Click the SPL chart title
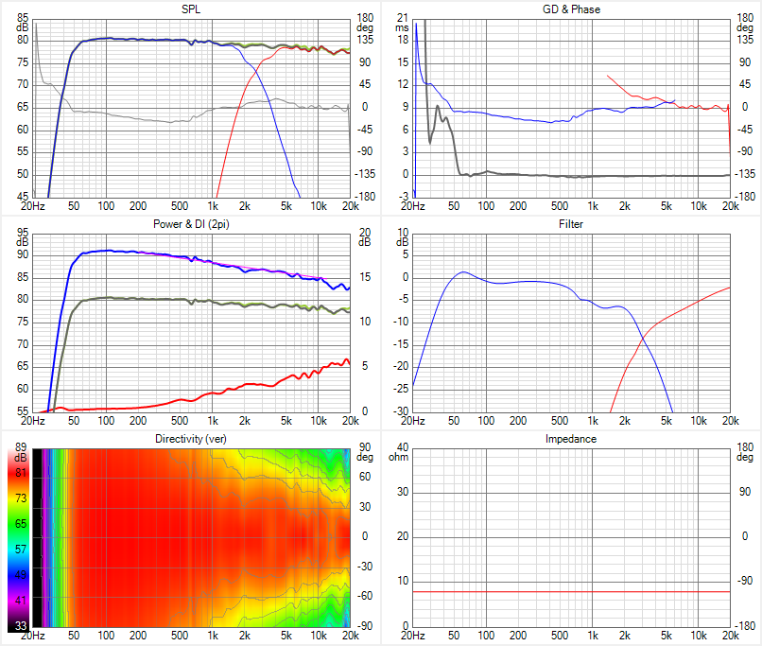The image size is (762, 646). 190,9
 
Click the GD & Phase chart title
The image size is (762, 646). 571,9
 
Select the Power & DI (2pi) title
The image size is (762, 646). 190,224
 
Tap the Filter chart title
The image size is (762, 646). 571,224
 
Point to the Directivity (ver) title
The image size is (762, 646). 190,439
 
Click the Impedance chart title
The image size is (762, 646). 571,439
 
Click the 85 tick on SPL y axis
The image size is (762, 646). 23,18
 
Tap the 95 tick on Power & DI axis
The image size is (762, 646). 23,233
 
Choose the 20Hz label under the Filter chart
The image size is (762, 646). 411,420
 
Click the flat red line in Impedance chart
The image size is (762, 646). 567,591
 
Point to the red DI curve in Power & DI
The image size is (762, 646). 236,386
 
